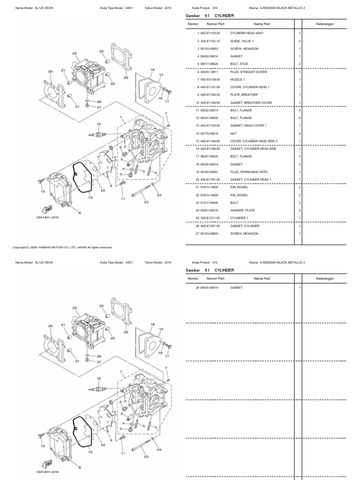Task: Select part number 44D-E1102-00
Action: tap(210, 34)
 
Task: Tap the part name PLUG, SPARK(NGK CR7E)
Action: tap(247, 172)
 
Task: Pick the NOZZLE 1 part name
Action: tap(237, 80)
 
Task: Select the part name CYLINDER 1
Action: tap(239, 218)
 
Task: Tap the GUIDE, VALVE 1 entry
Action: tap(241, 41)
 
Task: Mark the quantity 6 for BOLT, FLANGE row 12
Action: tap(300, 118)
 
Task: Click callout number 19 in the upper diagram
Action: tap(98, 124)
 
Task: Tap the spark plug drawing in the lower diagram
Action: tap(97, 388)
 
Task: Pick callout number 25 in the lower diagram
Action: tap(75, 307)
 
